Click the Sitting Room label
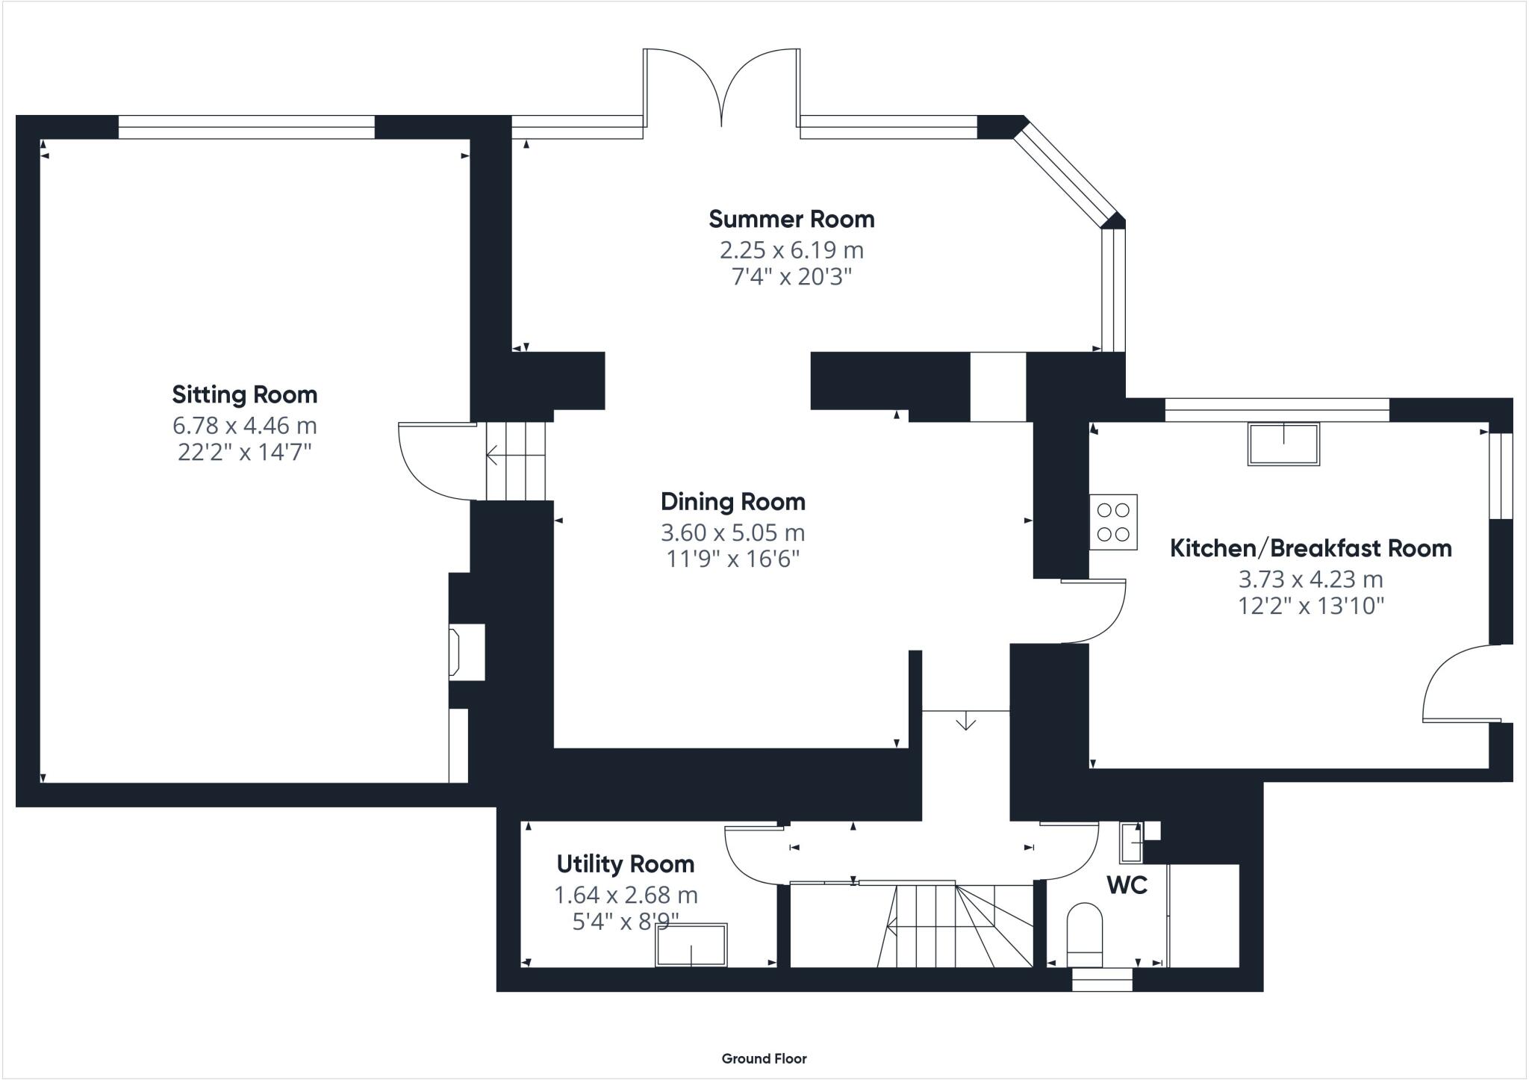pyautogui.click(x=244, y=394)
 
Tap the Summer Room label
pyautogui.click(x=791, y=219)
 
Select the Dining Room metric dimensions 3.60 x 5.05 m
pyautogui.click(x=732, y=533)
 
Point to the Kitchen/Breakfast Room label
pyautogui.click(x=1310, y=548)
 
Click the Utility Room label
pyautogui.click(x=626, y=864)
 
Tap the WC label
pyautogui.click(x=1127, y=885)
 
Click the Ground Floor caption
pyautogui.click(x=764, y=1058)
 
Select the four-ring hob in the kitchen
pyautogui.click(x=1112, y=522)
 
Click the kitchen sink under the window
pyautogui.click(x=1283, y=444)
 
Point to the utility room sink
pyautogui.click(x=691, y=945)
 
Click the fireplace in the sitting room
pyautogui.click(x=464, y=653)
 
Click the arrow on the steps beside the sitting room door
pyautogui.click(x=494, y=454)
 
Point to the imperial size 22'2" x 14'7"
pyautogui.click(x=244, y=453)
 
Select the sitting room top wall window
pyautogui.click(x=246, y=127)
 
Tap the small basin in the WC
pyautogui.click(x=1130, y=842)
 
